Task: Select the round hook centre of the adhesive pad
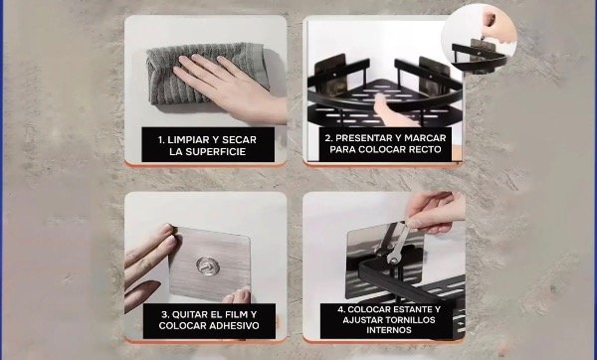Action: click(208, 266)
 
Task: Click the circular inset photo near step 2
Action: click(479, 39)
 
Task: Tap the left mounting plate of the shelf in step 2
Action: click(329, 75)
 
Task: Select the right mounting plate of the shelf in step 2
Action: click(434, 76)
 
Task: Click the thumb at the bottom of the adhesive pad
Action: click(236, 296)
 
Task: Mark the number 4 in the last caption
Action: click(340, 309)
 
